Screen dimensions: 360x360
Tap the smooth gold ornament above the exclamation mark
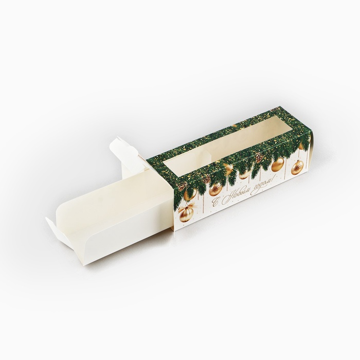pyautogui.click(x=278, y=166)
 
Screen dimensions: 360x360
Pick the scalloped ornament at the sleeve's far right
pyautogui.click(x=298, y=169)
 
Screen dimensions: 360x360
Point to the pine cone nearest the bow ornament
pyautogui.click(x=182, y=186)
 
